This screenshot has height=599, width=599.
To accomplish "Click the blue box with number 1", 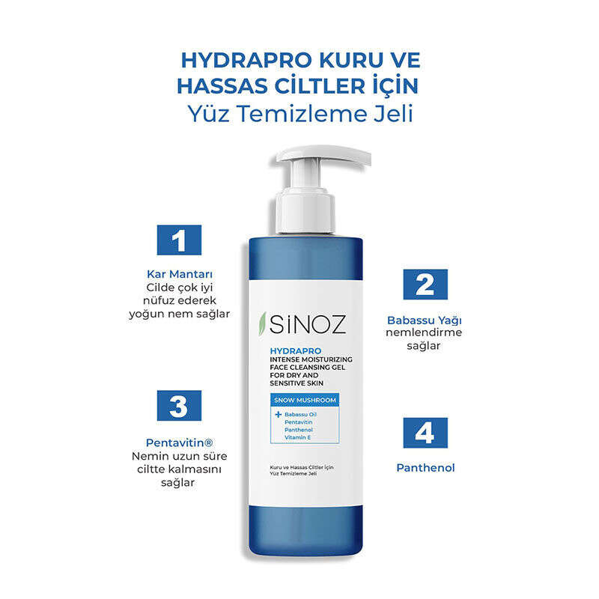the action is tap(179, 240).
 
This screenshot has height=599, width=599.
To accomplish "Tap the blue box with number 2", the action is tap(425, 285).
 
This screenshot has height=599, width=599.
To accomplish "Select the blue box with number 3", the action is tap(179, 405).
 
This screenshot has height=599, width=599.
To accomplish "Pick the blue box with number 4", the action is tap(425, 433).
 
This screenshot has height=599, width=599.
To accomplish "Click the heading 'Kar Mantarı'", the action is tap(180, 274).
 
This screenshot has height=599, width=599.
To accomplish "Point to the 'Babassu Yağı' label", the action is tap(425, 320).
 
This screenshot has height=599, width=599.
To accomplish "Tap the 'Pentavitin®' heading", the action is tap(180, 443).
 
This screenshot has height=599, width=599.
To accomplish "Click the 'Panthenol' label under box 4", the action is tap(425, 467).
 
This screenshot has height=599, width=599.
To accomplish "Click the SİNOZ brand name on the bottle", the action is tap(308, 324).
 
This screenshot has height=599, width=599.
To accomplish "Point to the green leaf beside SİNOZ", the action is tap(263, 324).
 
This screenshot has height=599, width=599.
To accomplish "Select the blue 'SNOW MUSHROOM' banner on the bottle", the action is tap(305, 400).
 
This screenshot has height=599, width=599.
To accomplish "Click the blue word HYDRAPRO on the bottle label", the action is tap(295, 350).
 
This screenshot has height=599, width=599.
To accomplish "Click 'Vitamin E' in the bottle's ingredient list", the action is tap(297, 437).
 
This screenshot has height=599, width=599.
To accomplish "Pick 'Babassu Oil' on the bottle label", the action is tap(301, 415).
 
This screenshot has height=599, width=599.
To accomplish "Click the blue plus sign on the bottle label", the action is tap(278, 415).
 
